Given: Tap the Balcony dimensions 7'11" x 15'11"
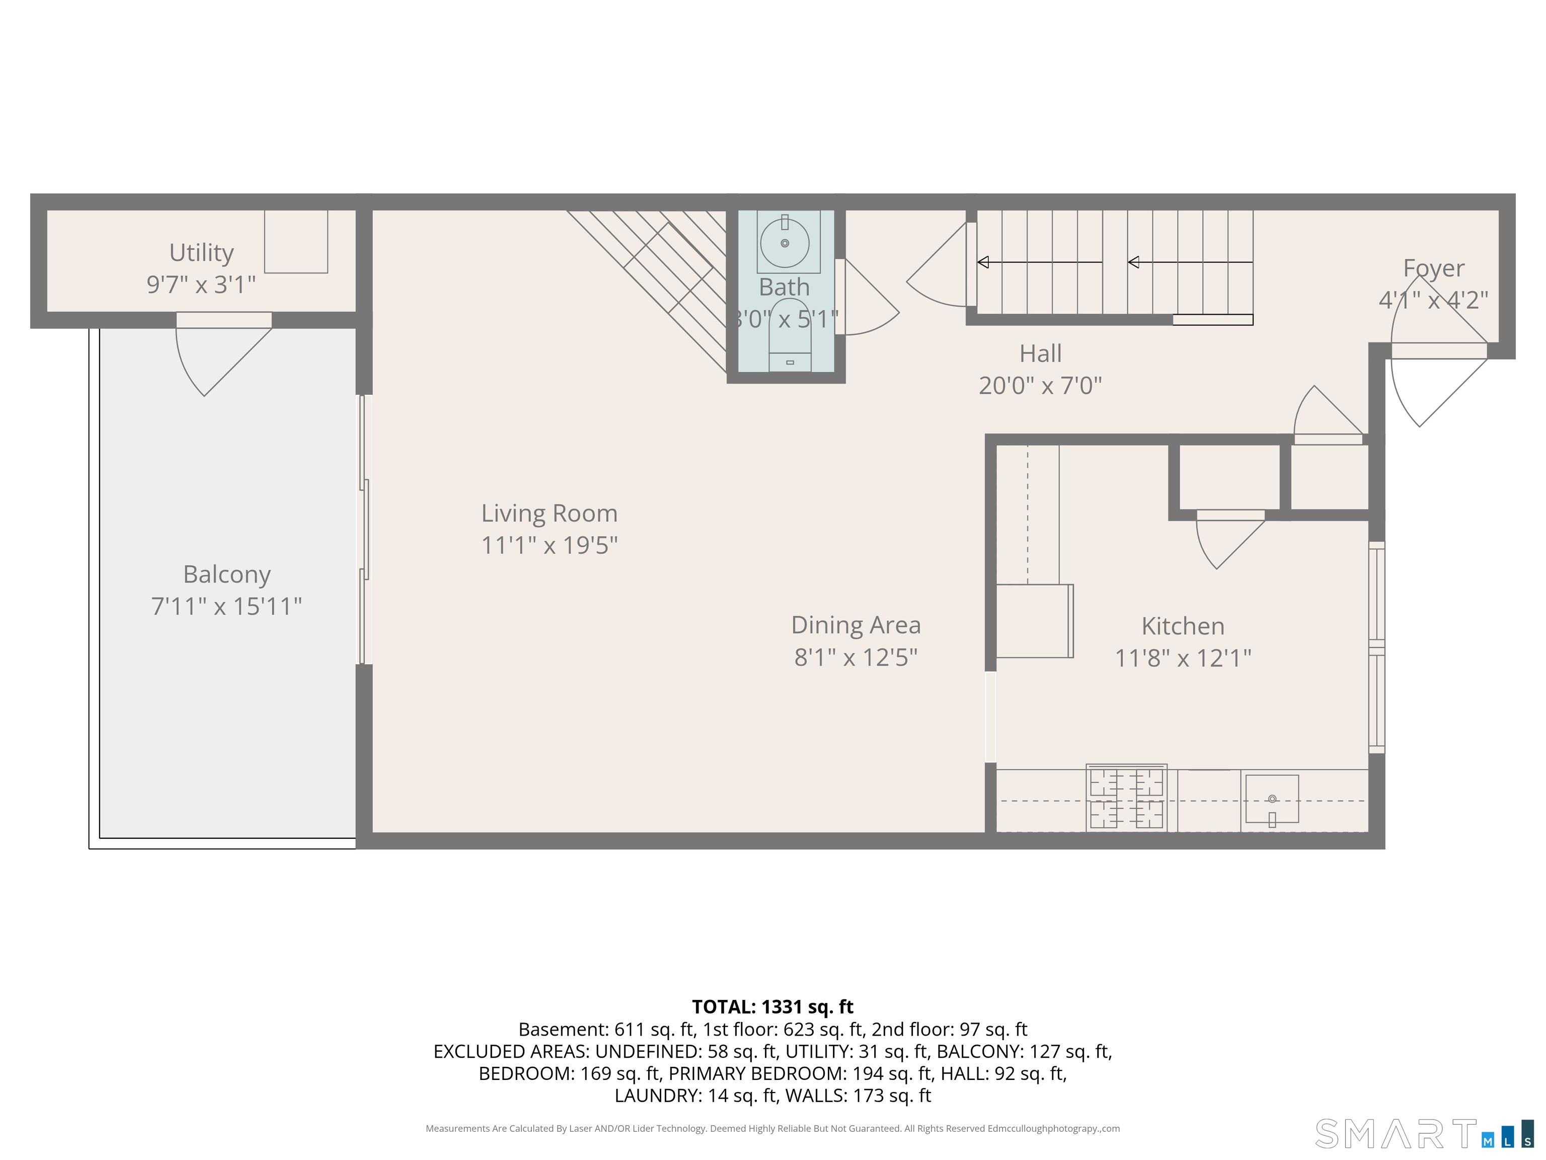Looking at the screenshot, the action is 226,606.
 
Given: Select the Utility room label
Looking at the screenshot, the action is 201,252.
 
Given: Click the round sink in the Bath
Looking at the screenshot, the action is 785,243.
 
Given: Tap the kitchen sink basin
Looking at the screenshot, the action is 1272,799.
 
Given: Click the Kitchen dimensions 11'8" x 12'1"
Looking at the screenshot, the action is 1183,658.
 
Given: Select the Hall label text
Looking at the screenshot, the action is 1040,354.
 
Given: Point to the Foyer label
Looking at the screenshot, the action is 1433,268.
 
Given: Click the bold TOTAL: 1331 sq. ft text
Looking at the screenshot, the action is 772,1007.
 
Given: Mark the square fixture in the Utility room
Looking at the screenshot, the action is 295,241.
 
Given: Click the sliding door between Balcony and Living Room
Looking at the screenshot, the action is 364,529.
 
